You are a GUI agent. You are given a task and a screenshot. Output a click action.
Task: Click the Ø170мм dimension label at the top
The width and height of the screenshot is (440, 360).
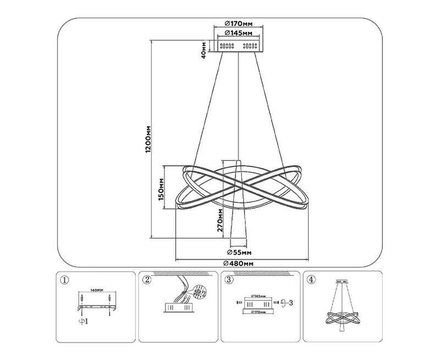239,24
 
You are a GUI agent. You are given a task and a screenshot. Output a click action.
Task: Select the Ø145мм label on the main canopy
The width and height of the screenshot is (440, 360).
239,34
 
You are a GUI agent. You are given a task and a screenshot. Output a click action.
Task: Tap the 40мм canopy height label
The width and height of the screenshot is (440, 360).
204,49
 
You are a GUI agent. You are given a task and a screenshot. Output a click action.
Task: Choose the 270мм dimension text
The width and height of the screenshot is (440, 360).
219,221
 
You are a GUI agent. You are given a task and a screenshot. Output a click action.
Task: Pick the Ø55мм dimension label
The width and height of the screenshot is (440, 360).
239,252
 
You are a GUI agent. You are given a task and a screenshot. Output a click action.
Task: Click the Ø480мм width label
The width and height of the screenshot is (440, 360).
239,263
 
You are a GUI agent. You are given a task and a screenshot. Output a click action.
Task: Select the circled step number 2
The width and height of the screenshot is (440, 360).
147,280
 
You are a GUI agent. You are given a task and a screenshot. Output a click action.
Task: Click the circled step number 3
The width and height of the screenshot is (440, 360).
229,280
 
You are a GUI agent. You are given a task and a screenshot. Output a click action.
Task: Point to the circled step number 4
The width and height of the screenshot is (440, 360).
312,280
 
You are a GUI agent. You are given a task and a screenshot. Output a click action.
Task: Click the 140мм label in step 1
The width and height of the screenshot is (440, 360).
97,289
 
